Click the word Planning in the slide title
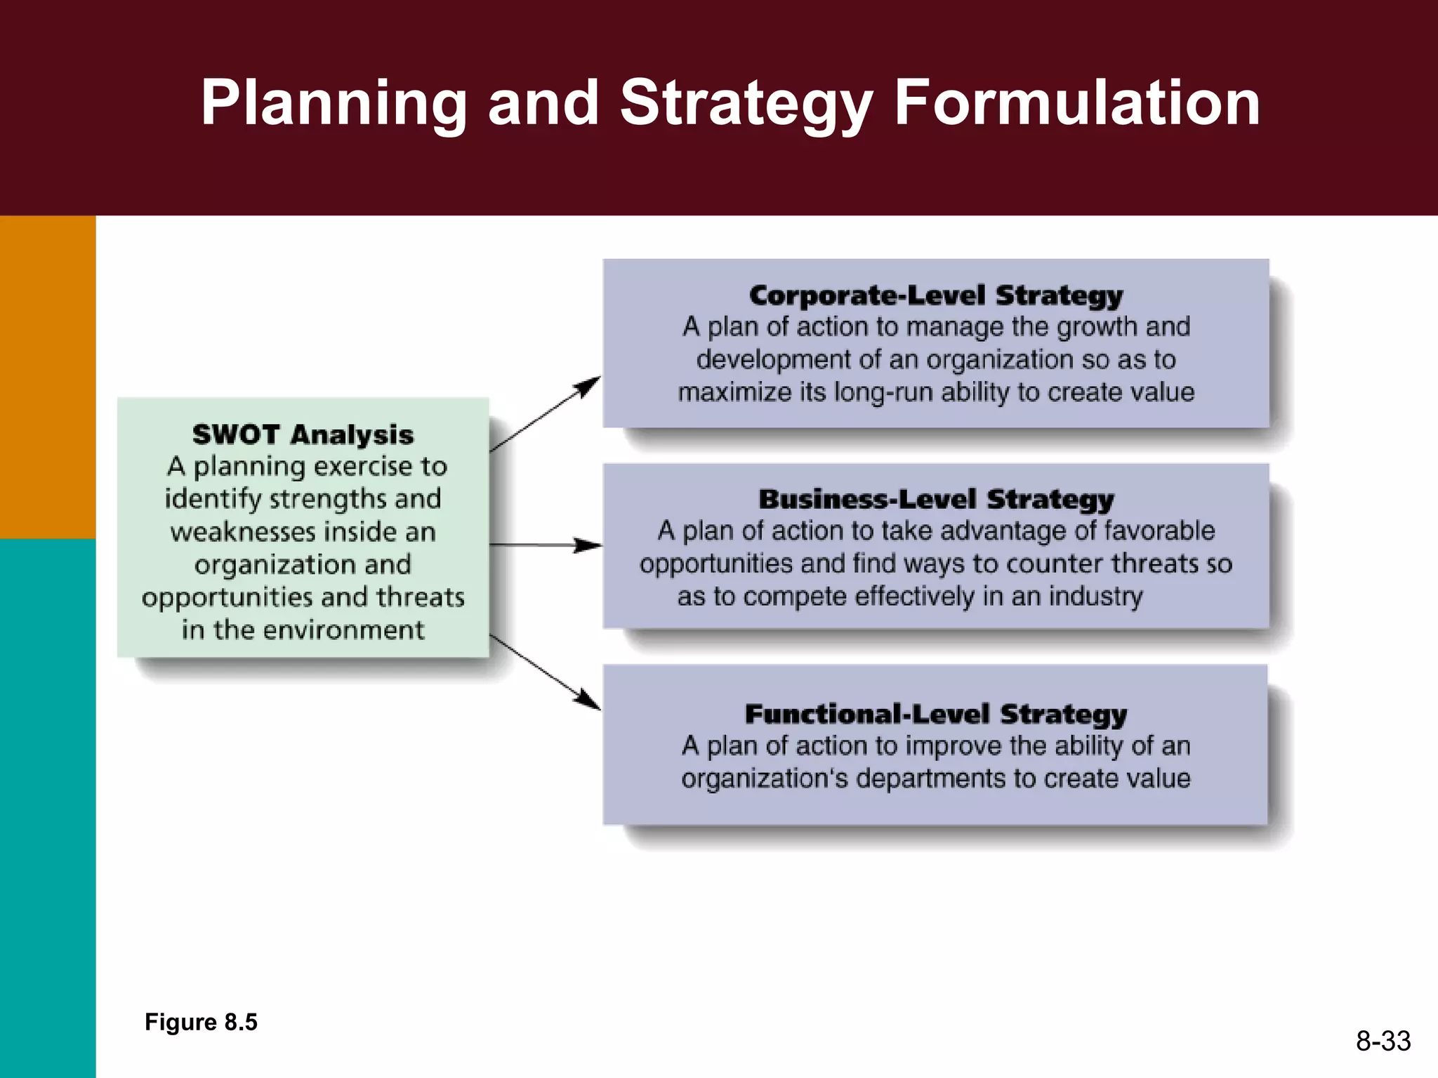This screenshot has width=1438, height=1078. coord(334,104)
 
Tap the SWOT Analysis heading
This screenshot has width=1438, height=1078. coord(303,434)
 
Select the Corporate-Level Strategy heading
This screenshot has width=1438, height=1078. coord(935,295)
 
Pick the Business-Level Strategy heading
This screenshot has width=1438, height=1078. coord(936,499)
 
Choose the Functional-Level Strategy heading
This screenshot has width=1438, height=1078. coord(935,714)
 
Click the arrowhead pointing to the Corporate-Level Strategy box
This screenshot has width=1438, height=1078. coord(588,385)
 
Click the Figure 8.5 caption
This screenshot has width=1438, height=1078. coord(201,1022)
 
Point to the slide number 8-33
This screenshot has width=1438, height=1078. coord(1383,1041)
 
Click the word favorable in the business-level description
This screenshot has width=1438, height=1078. coord(1159,531)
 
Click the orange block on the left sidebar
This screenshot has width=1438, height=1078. coord(48,377)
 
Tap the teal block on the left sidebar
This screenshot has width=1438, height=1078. coord(48,807)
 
